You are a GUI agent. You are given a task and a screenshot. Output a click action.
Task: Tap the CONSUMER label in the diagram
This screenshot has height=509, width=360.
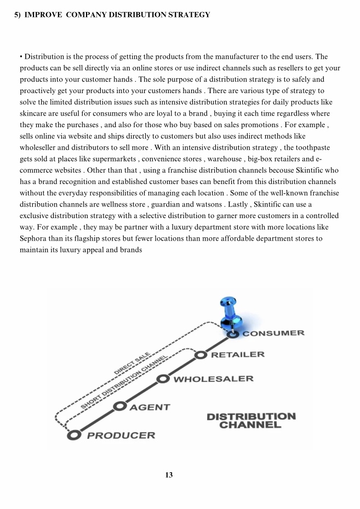273,333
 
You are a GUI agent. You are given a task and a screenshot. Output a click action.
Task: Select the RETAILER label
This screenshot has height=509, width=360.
237,354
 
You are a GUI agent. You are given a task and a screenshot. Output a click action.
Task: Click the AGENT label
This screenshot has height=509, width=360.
150,407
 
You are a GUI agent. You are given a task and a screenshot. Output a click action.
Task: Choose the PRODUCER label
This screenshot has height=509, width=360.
121,436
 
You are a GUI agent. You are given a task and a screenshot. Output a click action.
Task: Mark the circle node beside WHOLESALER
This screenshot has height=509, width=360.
163,379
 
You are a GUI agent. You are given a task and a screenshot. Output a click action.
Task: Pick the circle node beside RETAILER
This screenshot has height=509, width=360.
201,354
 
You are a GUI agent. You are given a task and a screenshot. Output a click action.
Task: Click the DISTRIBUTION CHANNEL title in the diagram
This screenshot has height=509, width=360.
251,420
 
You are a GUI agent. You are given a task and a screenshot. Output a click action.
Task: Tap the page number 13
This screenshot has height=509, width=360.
169,475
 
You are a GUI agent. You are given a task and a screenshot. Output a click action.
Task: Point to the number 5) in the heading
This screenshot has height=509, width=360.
18,15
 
